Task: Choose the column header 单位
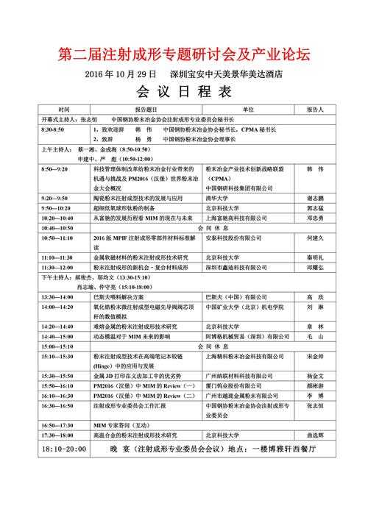(x=247, y=108)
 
